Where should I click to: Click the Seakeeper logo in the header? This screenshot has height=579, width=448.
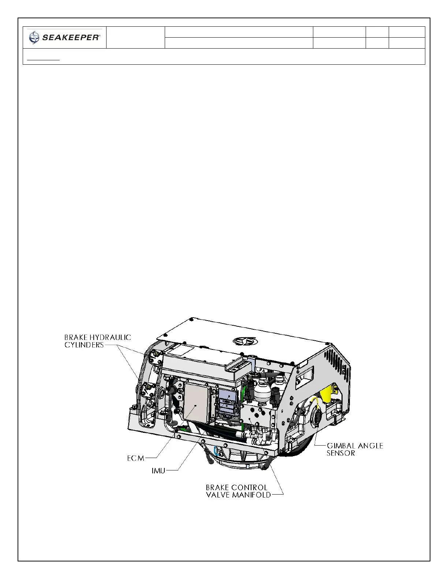[64, 37]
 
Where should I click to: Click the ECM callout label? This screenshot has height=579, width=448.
[136, 458]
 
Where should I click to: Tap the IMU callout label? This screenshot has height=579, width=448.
[158, 471]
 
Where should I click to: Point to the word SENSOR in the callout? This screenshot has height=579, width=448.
[341, 453]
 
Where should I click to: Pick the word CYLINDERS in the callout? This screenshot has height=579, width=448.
[84, 345]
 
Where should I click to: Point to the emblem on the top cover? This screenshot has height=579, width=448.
[245, 341]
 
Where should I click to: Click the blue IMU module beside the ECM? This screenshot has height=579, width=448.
[227, 400]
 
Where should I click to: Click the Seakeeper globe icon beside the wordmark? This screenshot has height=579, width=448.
[34, 37]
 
